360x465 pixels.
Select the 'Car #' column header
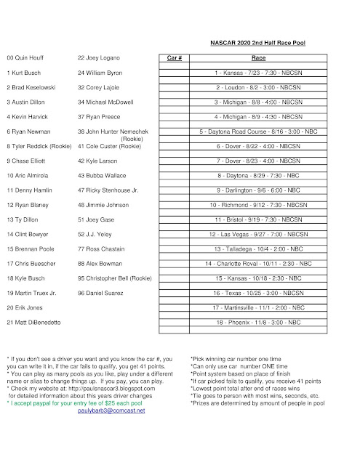click(174, 56)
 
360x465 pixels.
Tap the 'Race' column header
click(257, 56)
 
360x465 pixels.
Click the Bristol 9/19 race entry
click(257, 219)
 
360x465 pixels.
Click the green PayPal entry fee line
click(79, 402)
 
